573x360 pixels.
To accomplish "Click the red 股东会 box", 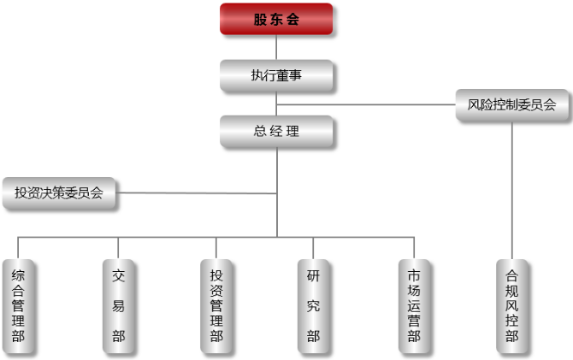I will (x=276, y=20).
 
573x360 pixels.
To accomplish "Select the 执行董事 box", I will (x=276, y=75).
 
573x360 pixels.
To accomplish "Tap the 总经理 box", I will (x=276, y=132).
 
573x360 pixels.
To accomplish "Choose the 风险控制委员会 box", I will (x=512, y=105).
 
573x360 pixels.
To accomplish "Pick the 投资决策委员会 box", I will (x=59, y=192).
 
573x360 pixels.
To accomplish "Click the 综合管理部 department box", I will (x=18, y=305).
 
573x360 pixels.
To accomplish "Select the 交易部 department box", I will (x=118, y=305).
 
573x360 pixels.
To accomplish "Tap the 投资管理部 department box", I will (x=216, y=305).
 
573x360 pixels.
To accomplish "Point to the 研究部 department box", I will (x=313, y=305).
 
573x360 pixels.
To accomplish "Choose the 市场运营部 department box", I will (x=414, y=305).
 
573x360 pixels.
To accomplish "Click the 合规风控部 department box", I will (x=511, y=305).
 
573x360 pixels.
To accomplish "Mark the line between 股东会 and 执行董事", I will (x=276, y=47).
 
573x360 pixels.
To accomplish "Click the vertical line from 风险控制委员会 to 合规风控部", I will (x=512, y=188).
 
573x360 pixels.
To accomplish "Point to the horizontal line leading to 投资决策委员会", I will (x=197, y=192).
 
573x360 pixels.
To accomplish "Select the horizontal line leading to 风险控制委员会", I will (x=385, y=105).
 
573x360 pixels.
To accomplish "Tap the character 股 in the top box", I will (x=261, y=20).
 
